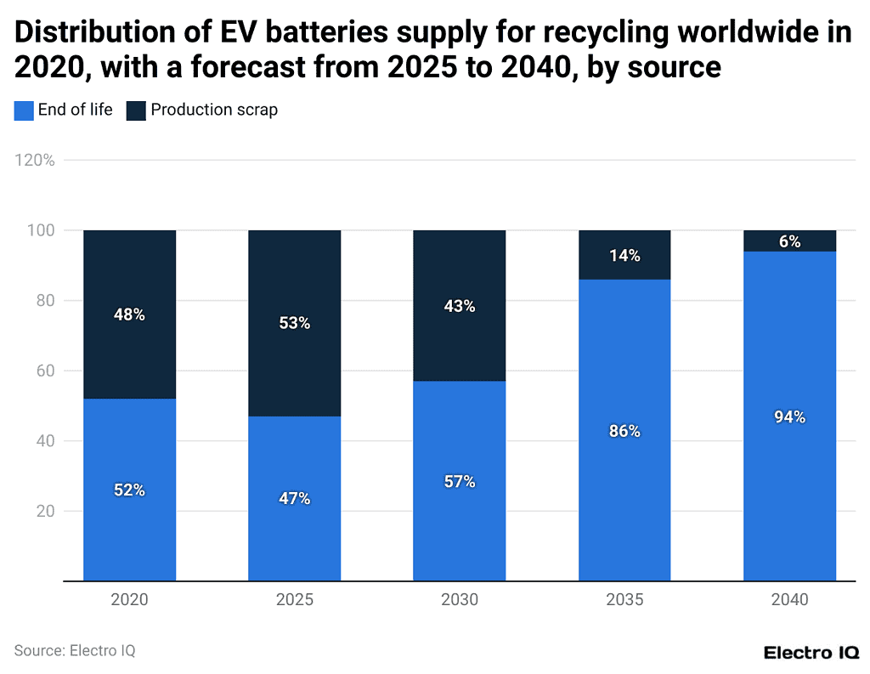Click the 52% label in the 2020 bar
[x=129, y=490]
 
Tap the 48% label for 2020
[x=129, y=314]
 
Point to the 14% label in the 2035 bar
[x=624, y=256]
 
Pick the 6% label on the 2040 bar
[x=789, y=241]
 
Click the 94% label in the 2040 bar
[x=789, y=417]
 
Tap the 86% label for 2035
[x=624, y=431]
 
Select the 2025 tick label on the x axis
[x=294, y=600]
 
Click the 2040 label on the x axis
[x=789, y=600]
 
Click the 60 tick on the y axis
[x=44, y=371]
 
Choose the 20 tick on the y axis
[x=44, y=512]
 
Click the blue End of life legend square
[x=24, y=110]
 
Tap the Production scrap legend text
[x=214, y=110]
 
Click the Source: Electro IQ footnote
[x=75, y=651]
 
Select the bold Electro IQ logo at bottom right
[x=811, y=653]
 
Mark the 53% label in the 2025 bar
[x=294, y=323]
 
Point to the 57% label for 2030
[x=459, y=482]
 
